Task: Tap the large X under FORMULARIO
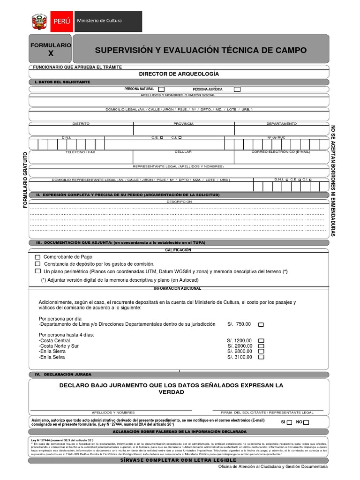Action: (51, 54)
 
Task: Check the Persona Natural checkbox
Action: (161, 89)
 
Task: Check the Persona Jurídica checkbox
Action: (237, 89)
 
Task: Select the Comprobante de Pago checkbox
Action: (37, 257)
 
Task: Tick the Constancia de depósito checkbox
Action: (37, 264)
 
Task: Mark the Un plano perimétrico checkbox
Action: (37, 271)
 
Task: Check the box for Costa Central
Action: (262, 341)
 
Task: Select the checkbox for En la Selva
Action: (262, 357)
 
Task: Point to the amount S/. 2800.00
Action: (240, 351)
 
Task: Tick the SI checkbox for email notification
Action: (289, 422)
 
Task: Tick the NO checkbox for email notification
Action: (306, 422)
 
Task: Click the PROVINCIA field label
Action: (183, 124)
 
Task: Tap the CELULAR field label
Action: (183, 152)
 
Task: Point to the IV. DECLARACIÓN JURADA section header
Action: (67, 375)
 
